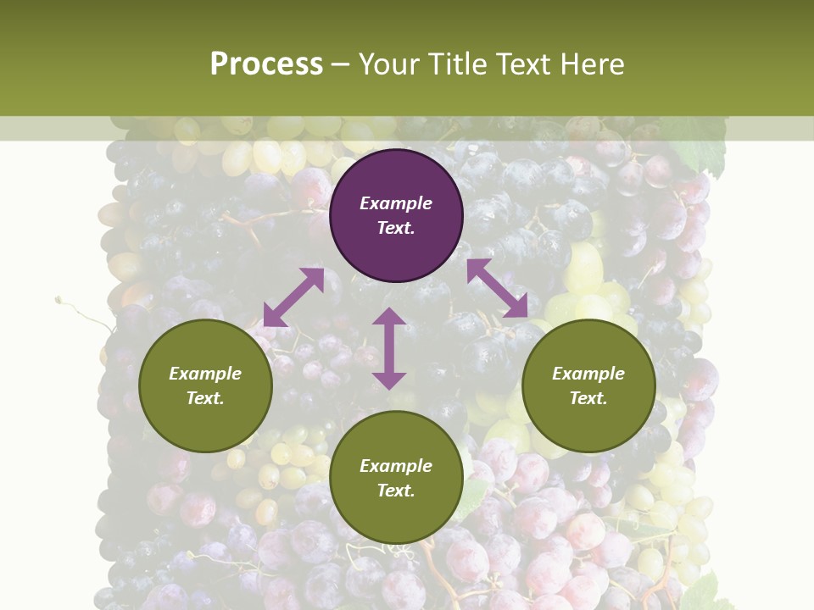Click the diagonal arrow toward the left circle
(293, 297)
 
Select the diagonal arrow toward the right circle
(497, 288)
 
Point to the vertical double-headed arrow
(389, 348)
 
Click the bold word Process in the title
(266, 64)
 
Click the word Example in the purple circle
(396, 203)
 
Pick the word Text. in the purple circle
(396, 228)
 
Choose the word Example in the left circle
(205, 374)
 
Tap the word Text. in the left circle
(205, 398)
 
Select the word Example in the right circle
(588, 374)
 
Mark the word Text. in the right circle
(588, 398)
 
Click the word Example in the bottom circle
(396, 466)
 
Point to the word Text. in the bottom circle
(396, 491)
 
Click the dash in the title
(341, 65)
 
